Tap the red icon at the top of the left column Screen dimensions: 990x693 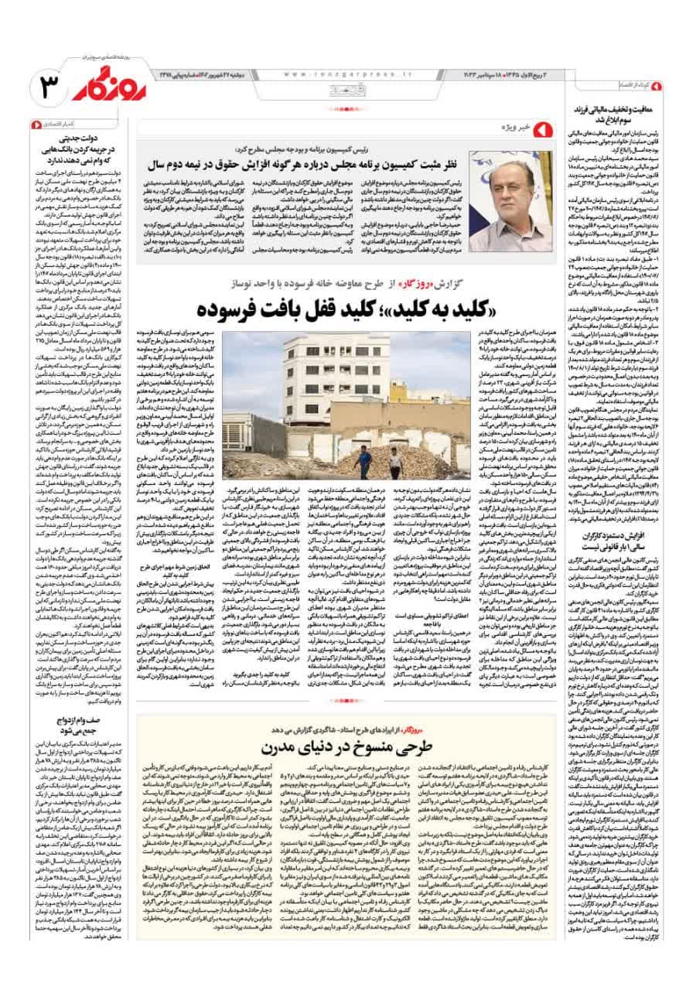click(33, 123)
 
